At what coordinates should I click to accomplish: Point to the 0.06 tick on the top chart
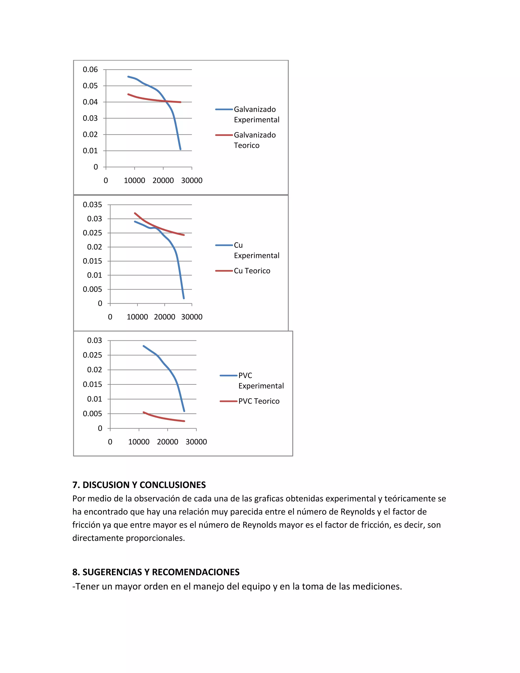pyautogui.click(x=90, y=70)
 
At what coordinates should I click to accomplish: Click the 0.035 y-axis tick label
pyautogui.click(x=92, y=205)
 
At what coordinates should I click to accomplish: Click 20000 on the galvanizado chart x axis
pyautogui.click(x=163, y=181)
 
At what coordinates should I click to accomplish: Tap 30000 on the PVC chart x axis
pyautogui.click(x=196, y=442)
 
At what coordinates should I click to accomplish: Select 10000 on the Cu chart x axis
pyautogui.click(x=137, y=317)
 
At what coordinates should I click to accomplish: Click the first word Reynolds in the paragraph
pyautogui.click(x=357, y=512)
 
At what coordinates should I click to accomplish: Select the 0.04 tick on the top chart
pyautogui.click(x=90, y=102)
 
